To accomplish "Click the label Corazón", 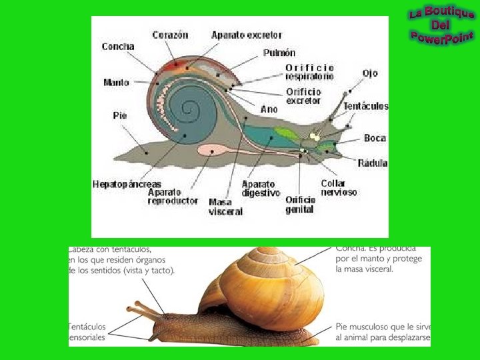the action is click(x=171, y=35).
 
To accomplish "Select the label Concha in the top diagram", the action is click(x=118, y=47).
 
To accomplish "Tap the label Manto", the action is click(x=116, y=83).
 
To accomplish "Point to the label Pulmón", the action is click(x=279, y=52).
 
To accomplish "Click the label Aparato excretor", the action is click(x=247, y=35).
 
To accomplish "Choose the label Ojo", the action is click(x=370, y=73).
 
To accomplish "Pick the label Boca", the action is click(x=375, y=139).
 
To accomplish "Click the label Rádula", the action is click(x=373, y=163).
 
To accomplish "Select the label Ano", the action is click(x=269, y=109).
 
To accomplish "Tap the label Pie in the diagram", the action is click(x=119, y=115).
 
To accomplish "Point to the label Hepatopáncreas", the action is click(x=127, y=183).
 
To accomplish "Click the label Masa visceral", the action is click(x=226, y=207).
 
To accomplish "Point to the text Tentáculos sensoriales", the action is click(x=87, y=332).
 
